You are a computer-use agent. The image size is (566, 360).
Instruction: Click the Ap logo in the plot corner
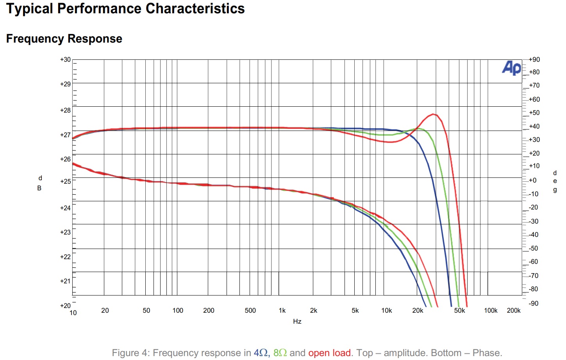point(511,68)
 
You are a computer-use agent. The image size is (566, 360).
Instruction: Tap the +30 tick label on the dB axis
point(65,60)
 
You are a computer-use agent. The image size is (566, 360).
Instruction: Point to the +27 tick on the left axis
point(65,135)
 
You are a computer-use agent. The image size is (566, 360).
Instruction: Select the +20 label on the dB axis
point(65,306)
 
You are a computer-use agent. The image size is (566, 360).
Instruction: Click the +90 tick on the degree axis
point(534,60)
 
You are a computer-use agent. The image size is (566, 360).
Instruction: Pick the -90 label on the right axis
point(533,303)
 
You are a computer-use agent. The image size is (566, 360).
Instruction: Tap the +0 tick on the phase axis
point(532,180)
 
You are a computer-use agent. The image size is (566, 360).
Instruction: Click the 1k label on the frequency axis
point(282,310)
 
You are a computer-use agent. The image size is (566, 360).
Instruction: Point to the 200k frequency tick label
point(514,310)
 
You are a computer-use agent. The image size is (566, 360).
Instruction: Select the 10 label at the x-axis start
point(73,313)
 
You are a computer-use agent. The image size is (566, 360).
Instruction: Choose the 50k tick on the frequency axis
point(459,310)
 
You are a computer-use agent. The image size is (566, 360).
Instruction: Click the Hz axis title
point(297,321)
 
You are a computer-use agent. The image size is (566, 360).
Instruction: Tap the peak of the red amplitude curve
point(433,114)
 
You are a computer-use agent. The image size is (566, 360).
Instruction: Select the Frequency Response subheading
point(64,39)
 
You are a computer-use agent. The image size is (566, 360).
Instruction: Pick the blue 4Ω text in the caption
point(261,353)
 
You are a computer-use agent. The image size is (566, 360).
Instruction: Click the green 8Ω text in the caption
point(280,353)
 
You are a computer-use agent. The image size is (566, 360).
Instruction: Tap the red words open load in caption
point(329,353)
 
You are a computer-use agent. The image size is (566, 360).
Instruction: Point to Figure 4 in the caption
point(131,353)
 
